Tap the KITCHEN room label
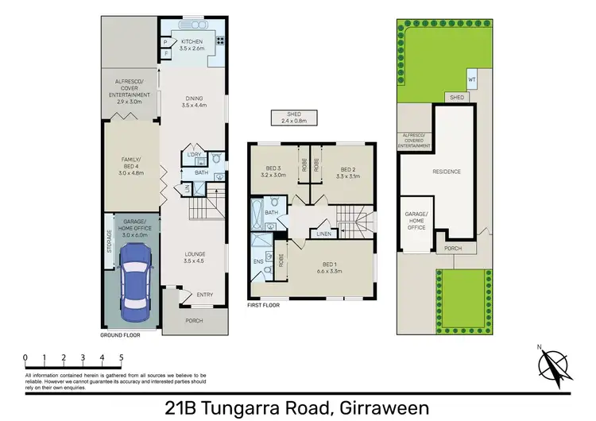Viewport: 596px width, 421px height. tap(193, 44)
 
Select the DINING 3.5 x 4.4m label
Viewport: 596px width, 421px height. tap(193, 102)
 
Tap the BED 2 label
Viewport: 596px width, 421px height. tap(347, 172)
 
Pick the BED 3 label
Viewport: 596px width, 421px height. tap(273, 172)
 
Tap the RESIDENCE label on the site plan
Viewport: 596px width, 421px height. tap(447, 171)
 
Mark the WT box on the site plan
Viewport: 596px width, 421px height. tap(471, 79)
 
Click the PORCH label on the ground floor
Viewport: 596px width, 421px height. tap(193, 320)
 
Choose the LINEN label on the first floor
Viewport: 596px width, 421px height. tap(323, 234)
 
